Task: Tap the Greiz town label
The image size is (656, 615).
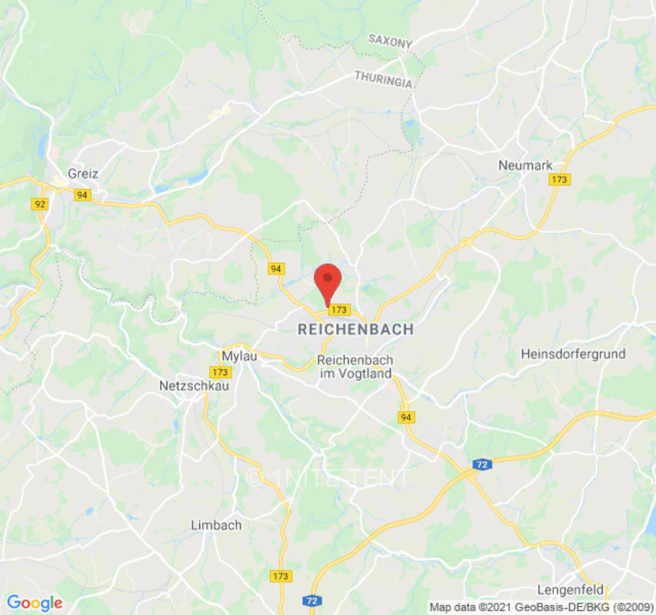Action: [83, 173]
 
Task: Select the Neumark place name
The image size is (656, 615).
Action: [525, 165]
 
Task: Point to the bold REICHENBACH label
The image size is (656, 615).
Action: [355, 329]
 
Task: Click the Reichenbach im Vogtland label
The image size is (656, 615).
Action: [355, 367]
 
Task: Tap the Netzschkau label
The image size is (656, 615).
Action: [194, 385]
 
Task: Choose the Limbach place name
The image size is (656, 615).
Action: [216, 525]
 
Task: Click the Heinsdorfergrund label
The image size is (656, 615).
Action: [573, 354]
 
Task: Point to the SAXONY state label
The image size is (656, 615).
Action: [390, 41]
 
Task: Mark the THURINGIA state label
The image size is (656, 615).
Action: [383, 78]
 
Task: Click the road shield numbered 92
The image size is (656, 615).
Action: [41, 204]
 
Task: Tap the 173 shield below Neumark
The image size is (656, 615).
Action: [559, 179]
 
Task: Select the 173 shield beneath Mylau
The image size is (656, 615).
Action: [221, 372]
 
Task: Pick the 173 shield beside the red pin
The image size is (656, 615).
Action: [338, 309]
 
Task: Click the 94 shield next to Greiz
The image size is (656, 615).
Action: [82, 195]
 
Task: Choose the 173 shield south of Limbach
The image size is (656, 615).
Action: [281, 576]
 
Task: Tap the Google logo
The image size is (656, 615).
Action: [35, 603]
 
